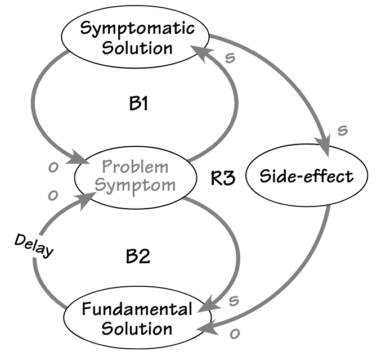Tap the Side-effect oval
[x=306, y=177]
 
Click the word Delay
[x=33, y=245]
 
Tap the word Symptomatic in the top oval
[x=137, y=28]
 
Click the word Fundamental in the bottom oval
[x=137, y=308]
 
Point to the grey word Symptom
[x=135, y=184]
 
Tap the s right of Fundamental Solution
[x=234, y=300]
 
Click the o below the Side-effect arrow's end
[x=234, y=334]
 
